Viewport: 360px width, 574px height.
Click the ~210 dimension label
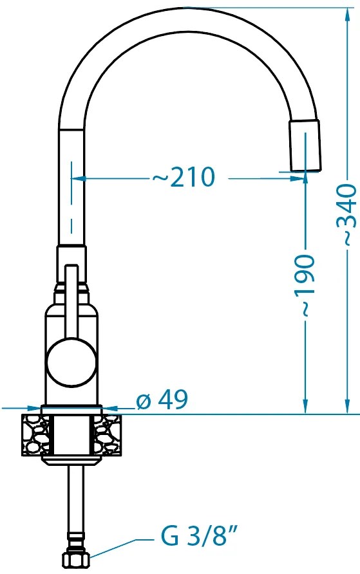point(183,177)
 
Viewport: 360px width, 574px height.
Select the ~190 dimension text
point(305,285)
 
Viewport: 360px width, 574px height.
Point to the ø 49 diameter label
point(162,400)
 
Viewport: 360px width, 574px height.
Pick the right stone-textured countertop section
point(108,434)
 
